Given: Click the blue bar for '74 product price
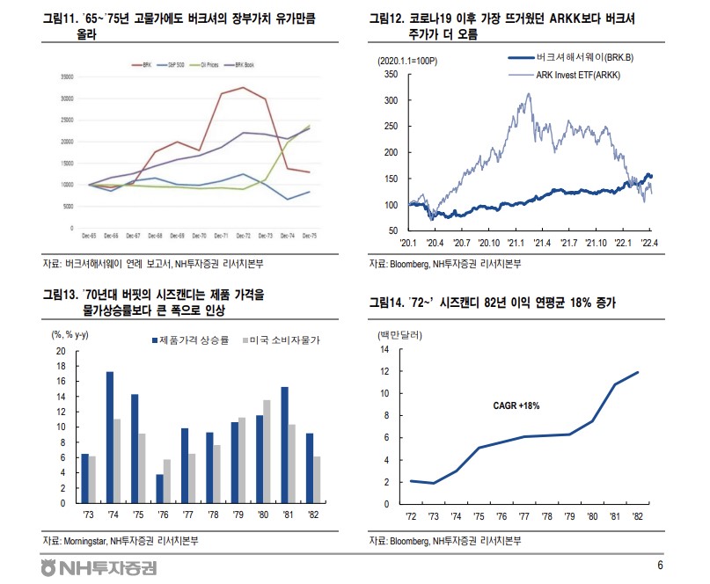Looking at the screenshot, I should coord(110,437).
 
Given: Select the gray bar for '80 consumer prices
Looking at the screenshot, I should coord(267,451).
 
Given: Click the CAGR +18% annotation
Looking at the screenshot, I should coord(517,405).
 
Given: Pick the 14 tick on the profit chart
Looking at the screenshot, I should coord(384,349).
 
